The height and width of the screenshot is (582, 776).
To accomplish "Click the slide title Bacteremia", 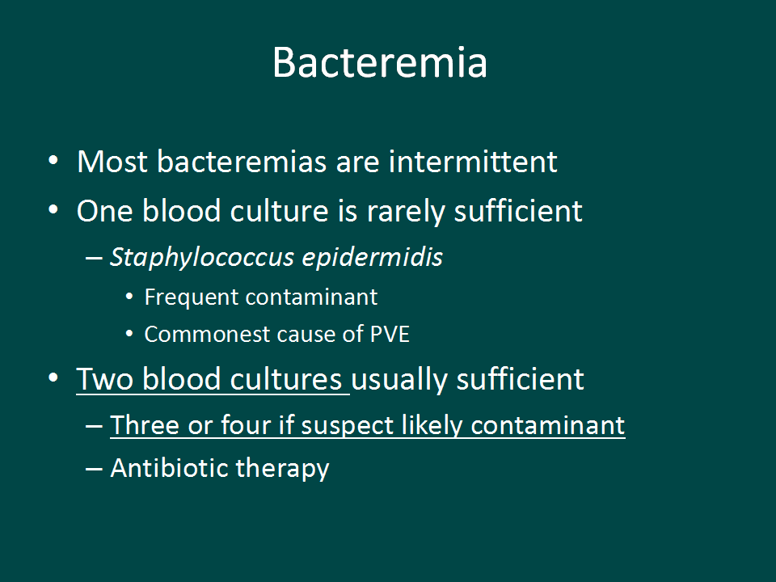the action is tap(380, 62).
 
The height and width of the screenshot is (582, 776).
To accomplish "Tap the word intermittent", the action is tap(473, 162).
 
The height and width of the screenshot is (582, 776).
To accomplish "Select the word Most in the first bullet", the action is tap(112, 162).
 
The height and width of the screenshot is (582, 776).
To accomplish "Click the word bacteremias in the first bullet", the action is tap(242, 162).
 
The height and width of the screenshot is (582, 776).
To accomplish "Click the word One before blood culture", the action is tap(105, 211).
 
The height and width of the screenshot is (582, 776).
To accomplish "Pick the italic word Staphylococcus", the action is tap(202, 257).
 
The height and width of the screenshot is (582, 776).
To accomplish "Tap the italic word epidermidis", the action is tap(372, 257).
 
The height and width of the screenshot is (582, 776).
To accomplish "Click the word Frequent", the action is tap(192, 297).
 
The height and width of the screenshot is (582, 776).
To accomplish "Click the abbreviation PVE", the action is tap(390, 334).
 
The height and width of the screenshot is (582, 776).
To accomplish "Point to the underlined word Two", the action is tap(104, 380).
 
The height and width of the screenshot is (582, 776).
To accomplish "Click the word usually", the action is tap(399, 380).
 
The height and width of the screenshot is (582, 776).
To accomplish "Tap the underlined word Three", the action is tap(145, 425).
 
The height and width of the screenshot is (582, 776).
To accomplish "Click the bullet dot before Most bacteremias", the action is tap(53, 160).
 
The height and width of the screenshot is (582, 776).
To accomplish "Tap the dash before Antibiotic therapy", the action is tap(94, 469).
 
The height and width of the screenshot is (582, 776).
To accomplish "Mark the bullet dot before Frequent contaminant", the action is tap(129, 297).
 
